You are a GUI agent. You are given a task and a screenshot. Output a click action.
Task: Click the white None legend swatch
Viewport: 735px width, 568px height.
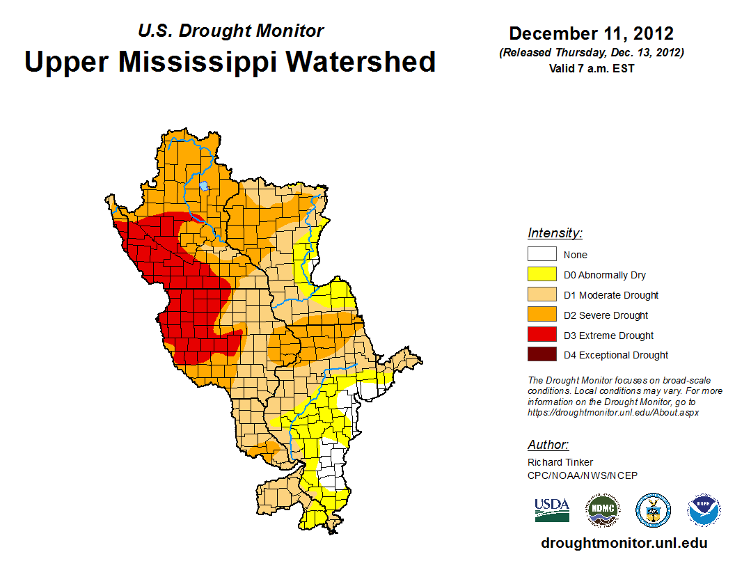[542, 255]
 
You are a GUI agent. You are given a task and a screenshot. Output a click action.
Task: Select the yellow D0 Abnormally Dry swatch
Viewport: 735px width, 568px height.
[542, 275]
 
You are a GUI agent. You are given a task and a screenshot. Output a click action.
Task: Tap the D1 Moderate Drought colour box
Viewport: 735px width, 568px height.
[542, 295]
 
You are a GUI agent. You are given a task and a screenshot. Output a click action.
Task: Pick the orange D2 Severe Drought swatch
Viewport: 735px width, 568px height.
[542, 315]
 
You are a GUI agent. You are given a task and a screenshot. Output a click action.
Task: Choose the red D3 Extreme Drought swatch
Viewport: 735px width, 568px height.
[542, 336]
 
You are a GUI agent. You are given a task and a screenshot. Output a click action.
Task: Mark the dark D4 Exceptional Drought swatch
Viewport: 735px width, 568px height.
[542, 355]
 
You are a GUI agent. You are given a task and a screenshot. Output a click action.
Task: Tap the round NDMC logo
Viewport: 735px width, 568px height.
[602, 510]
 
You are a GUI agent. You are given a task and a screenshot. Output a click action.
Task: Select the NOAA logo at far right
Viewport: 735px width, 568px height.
[704, 510]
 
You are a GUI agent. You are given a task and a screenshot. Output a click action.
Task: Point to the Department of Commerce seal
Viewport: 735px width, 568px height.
[653, 510]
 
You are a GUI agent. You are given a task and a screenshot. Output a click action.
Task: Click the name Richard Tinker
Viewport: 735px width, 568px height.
[560, 462]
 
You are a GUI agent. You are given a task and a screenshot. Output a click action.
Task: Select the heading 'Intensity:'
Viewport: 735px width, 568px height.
[555, 233]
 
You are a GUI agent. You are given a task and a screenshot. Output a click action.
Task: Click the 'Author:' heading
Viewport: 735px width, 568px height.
[548, 445]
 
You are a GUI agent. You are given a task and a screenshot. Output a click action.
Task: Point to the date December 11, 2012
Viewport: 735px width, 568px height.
[591, 33]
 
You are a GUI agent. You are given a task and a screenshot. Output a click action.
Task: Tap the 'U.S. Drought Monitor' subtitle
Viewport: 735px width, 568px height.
[230, 31]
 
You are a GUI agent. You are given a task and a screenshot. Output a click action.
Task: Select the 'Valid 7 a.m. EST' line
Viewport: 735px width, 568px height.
[591, 68]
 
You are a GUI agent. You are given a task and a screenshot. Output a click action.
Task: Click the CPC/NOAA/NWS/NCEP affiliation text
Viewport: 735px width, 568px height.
[582, 475]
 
